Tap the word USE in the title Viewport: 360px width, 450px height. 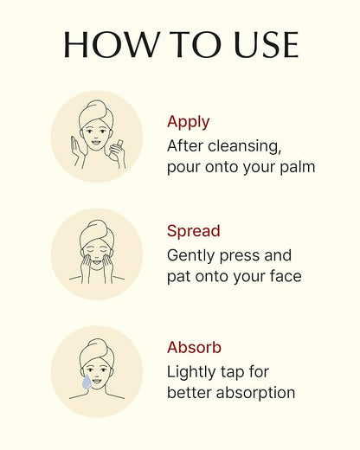pyautogui.click(x=267, y=44)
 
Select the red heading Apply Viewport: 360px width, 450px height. pyautogui.click(x=188, y=122)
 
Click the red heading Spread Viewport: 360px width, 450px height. pyautogui.click(x=194, y=231)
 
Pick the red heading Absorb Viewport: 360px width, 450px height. pyautogui.click(x=194, y=347)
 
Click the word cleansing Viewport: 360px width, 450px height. pyautogui.click(x=245, y=146)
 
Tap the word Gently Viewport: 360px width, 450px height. pyautogui.click(x=191, y=256)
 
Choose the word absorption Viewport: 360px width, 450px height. pyautogui.click(x=255, y=393)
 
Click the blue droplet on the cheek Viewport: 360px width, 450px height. pyautogui.click(x=87, y=382)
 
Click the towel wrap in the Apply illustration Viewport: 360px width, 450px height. pyautogui.click(x=96, y=113)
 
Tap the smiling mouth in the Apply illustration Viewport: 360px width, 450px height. pyautogui.click(x=95, y=142)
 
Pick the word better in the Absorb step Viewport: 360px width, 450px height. pyautogui.click(x=190, y=393)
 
